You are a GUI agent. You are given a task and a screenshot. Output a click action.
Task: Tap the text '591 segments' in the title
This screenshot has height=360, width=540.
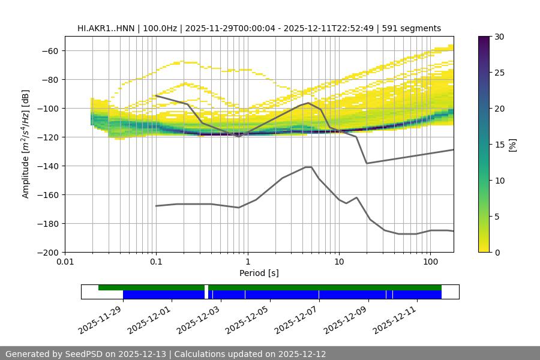click(x=413, y=28)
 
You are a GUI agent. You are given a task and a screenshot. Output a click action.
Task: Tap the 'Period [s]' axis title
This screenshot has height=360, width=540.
click(x=259, y=273)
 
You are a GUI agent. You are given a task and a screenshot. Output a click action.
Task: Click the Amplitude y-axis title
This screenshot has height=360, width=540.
click(x=26, y=144)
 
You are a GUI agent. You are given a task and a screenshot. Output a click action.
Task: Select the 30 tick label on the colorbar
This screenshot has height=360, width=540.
click(x=499, y=37)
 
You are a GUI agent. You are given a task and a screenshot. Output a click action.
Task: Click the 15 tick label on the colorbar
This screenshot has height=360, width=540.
click(x=499, y=145)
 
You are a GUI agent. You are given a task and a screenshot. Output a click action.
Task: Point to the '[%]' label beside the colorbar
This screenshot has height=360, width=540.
click(x=512, y=145)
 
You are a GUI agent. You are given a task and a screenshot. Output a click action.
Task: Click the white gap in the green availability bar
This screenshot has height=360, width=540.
click(x=206, y=288)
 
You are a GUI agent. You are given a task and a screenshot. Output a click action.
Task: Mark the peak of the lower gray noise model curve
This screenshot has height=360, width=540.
click(x=308, y=167)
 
